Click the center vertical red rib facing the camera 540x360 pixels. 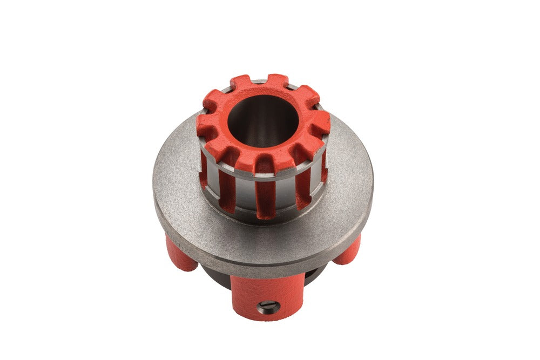(x=265, y=189)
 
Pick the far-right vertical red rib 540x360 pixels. (x=323, y=167)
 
